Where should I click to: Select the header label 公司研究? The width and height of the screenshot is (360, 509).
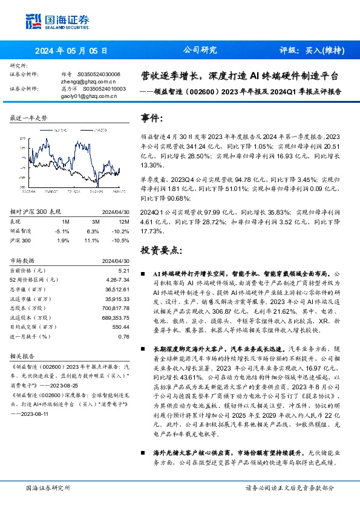click(x=200, y=50)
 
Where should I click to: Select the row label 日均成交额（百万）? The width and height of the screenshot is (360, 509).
click(x=34, y=326)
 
